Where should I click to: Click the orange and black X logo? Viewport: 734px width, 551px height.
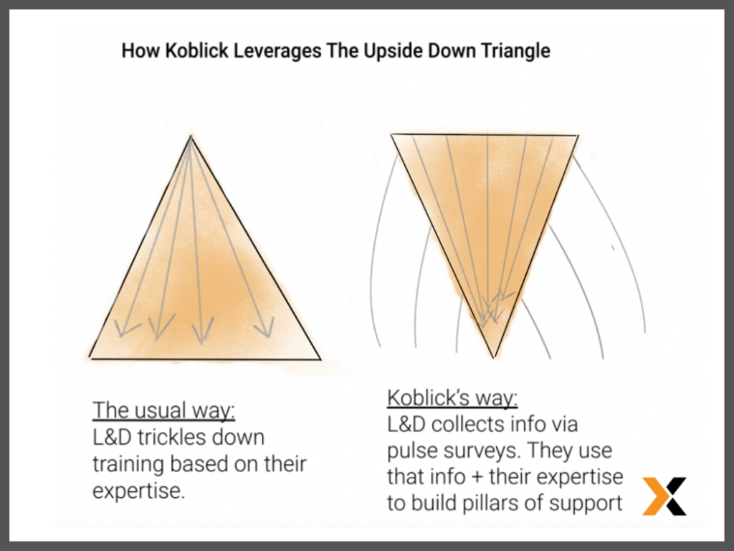664,496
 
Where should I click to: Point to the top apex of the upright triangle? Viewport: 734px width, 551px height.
191,136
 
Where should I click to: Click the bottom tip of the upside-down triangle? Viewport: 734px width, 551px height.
493,357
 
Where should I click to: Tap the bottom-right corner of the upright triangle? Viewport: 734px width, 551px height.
320,360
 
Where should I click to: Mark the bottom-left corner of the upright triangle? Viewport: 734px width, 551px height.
90,358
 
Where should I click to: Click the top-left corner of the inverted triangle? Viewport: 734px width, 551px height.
391,134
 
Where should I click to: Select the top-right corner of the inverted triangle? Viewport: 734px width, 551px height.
578,136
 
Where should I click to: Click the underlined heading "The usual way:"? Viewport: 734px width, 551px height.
164,410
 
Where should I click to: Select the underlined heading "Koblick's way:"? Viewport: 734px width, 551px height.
452,398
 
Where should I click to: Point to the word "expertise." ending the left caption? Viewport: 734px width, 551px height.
139,491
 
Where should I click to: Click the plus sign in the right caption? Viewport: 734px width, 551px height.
477,477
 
